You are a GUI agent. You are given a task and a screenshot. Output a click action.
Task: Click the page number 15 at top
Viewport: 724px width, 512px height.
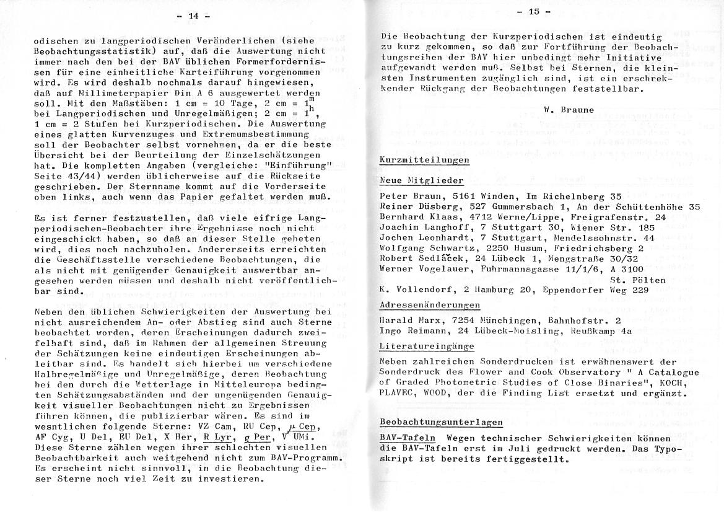pyautogui.click(x=535, y=12)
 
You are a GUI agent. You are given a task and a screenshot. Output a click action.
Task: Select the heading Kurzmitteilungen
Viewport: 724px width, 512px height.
pyautogui.click(x=424, y=160)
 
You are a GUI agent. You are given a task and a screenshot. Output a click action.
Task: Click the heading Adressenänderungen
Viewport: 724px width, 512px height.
pyautogui.click(x=430, y=305)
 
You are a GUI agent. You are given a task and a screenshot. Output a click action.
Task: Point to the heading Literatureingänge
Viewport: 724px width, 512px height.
pyautogui.click(x=427, y=346)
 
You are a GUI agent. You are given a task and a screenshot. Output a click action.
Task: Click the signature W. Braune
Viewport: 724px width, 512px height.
pyautogui.click(x=569, y=110)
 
